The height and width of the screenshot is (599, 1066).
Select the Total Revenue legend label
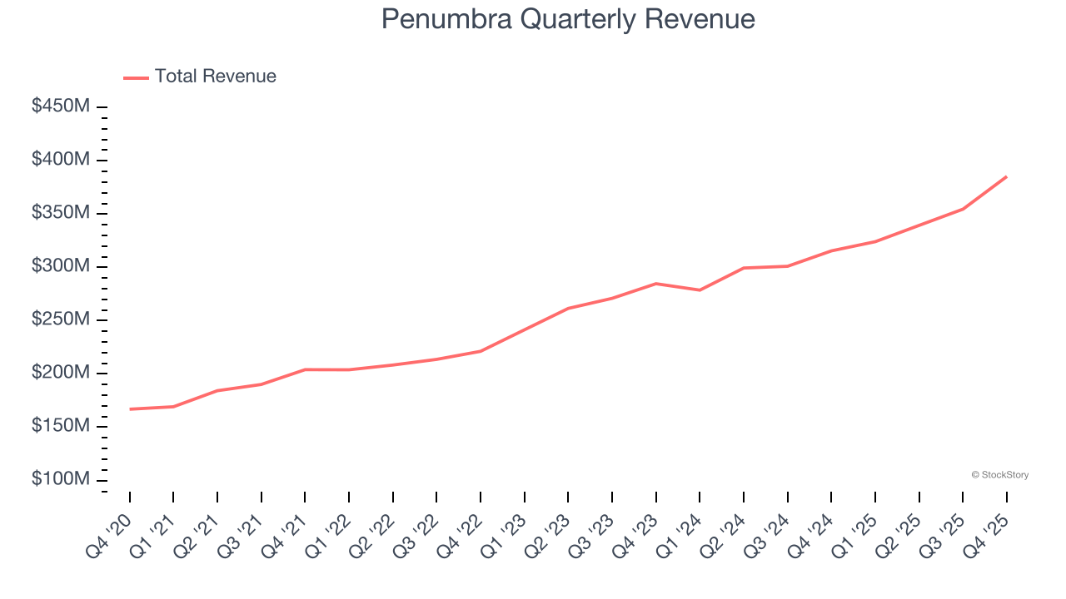215,77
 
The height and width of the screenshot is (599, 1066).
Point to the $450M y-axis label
61,106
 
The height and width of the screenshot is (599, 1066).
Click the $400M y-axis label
61,160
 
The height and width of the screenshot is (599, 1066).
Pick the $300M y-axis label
61,266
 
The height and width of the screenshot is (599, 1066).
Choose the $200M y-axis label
61,373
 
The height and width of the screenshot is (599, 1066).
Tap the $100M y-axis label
61,480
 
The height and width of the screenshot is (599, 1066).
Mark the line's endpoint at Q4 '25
1006,176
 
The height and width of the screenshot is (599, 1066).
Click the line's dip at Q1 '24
700,290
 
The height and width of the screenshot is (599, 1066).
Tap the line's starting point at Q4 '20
130,409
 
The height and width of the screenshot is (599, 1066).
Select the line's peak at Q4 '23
655,284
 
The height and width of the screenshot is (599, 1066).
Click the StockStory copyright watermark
999,475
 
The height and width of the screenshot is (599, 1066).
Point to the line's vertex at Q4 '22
481,351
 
